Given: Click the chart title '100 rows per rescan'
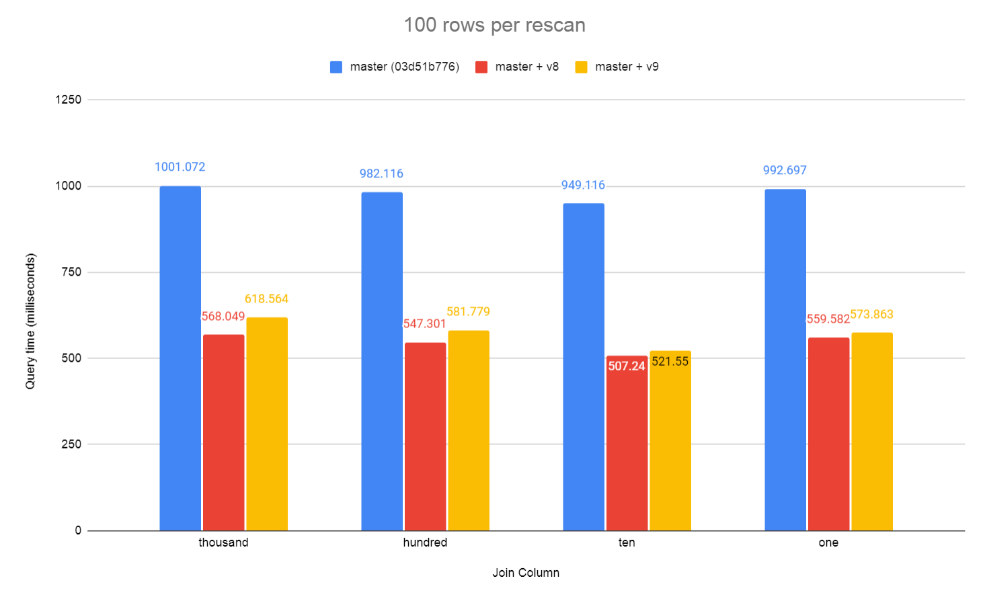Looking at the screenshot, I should coord(494,25).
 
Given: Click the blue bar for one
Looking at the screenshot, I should coord(785,360).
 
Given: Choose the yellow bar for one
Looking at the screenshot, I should coord(872,431).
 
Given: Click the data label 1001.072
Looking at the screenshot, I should coord(180,167).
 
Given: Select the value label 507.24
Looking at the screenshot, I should coord(627,366).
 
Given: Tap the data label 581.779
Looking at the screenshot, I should coord(468,311).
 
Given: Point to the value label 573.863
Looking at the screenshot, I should coord(871,314).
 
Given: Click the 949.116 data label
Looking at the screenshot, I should coord(583,185).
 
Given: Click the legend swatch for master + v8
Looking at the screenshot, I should coord(481,67).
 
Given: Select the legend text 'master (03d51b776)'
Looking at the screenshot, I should coord(404,67).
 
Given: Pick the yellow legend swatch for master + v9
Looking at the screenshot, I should coord(582,67).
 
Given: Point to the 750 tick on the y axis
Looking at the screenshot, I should coord(71,272).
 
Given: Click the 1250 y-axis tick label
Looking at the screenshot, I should coord(68,100).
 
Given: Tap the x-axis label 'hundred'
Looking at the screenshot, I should coord(425,543).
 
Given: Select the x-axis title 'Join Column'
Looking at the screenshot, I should coord(526,572).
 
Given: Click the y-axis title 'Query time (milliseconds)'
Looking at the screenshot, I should coord(30,321).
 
